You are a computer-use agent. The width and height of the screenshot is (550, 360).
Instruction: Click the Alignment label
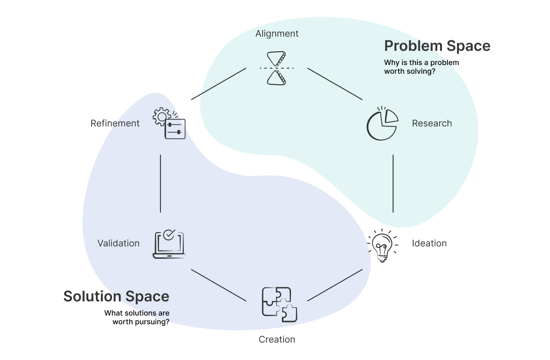277,33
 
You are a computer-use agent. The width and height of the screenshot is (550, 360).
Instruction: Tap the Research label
432,123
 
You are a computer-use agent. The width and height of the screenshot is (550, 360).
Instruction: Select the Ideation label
429,243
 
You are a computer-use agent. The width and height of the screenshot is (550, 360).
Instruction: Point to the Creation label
277,339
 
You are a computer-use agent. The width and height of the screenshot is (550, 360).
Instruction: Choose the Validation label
118,243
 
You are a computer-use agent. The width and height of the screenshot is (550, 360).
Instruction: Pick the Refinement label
115,123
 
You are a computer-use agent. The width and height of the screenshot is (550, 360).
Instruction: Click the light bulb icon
382,245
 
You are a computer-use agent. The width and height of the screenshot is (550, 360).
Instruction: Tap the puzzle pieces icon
279,304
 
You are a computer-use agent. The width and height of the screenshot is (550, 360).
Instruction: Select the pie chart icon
382,123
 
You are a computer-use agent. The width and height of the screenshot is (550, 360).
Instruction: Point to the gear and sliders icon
169,123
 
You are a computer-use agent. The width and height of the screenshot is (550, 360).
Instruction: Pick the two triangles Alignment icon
277,68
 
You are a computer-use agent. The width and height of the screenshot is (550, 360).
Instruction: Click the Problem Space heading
437,46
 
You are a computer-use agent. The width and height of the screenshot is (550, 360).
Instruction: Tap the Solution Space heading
116,296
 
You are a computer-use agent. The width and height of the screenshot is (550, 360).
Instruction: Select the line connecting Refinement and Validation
160,183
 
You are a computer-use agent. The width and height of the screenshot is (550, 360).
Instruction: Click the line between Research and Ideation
393,183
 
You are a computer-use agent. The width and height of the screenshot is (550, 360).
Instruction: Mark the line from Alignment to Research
335,84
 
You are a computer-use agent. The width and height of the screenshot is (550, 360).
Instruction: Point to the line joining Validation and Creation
219,285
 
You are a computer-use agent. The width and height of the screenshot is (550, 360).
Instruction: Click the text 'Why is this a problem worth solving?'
421,67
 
